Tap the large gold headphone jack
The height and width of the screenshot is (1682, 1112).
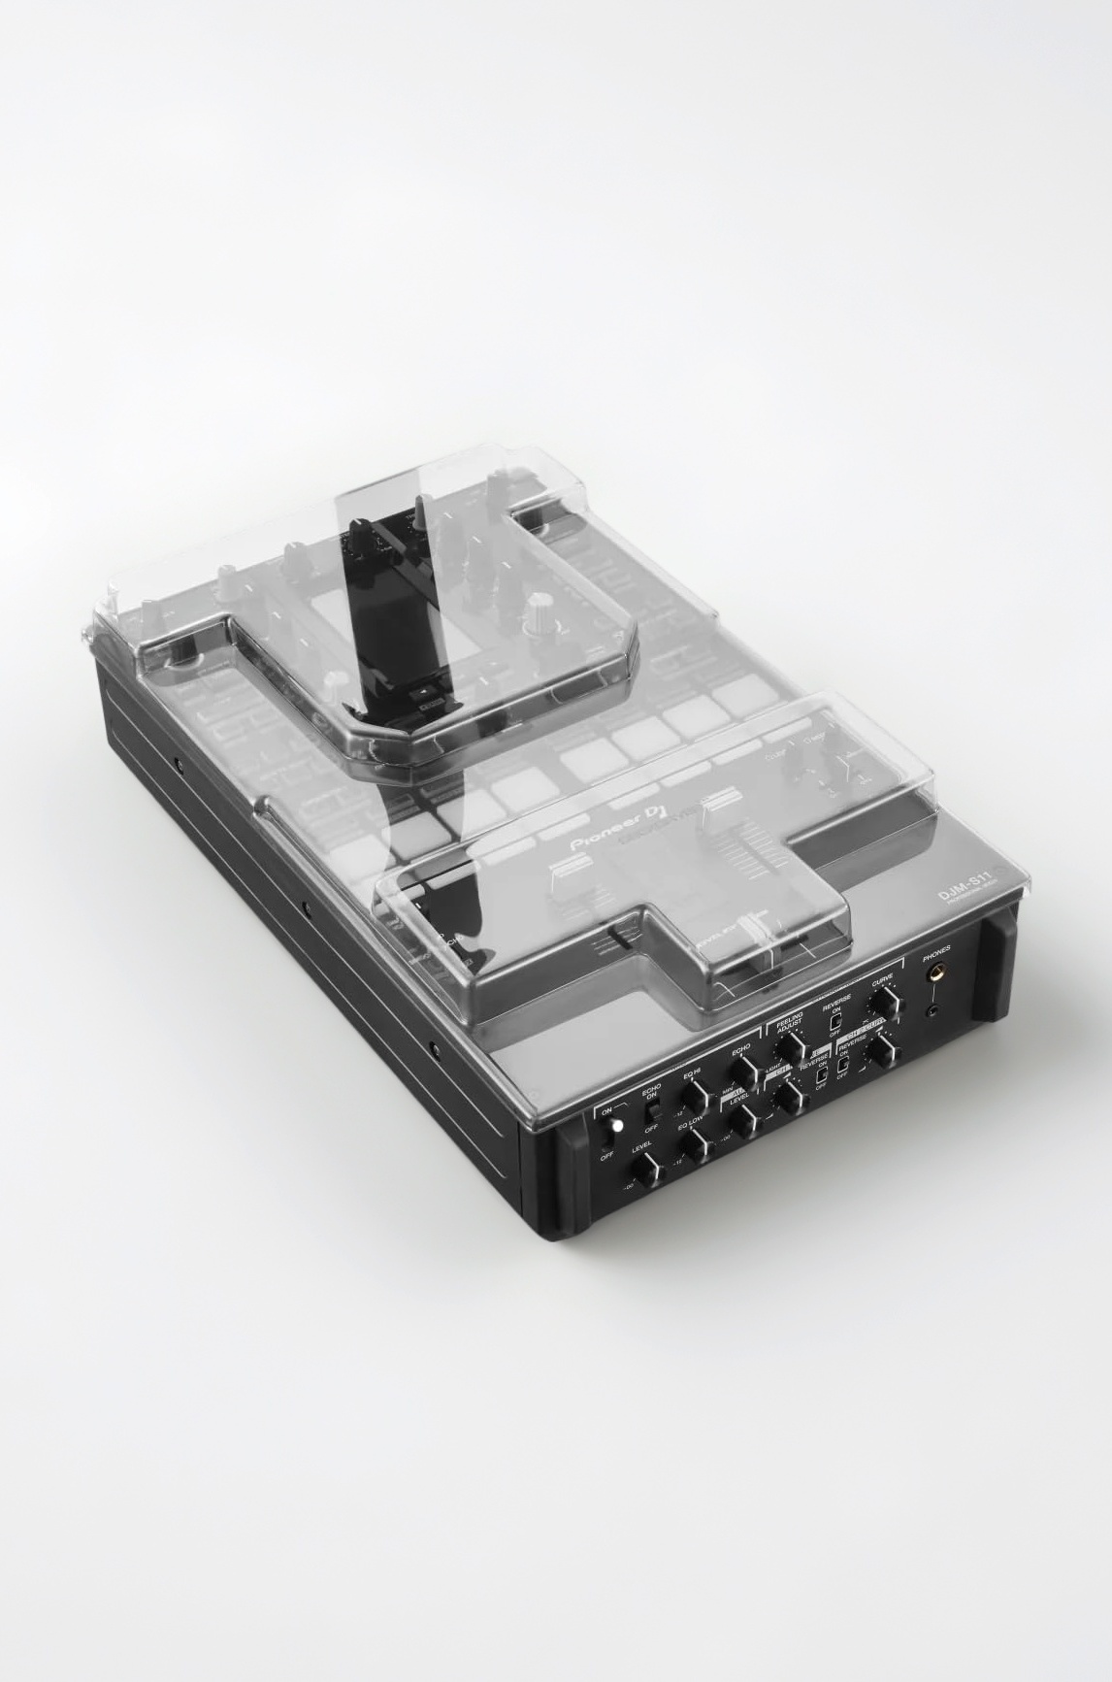(x=936, y=973)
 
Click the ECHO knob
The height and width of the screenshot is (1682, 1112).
(x=745, y=1072)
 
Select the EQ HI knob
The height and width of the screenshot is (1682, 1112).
(x=697, y=1097)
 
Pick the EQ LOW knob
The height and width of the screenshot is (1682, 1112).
(x=697, y=1145)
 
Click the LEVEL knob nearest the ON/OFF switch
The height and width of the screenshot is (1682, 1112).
(x=646, y=1168)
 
